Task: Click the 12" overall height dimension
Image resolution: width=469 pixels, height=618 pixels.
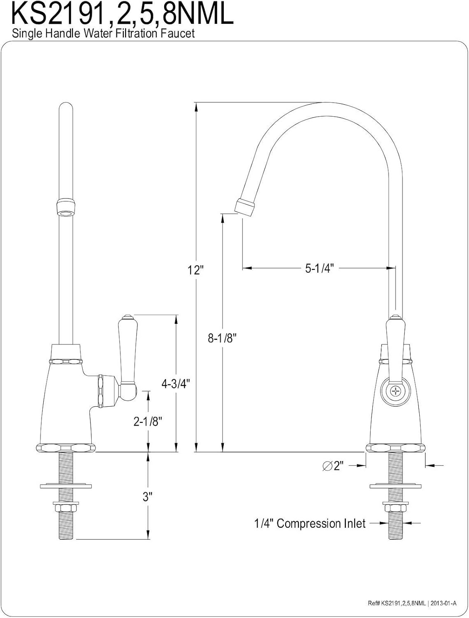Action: click(195, 270)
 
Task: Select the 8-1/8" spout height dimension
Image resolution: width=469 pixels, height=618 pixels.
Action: click(223, 338)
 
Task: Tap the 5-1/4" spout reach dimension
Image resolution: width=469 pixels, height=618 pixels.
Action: click(320, 268)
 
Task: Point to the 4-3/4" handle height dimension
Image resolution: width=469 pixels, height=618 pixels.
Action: click(176, 384)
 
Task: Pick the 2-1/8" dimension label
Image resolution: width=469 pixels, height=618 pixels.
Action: click(148, 429)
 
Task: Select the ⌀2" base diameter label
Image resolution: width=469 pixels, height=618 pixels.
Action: click(333, 466)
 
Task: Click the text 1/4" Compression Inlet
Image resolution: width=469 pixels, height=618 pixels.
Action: click(310, 524)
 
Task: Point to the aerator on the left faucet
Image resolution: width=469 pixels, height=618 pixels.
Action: click(66, 208)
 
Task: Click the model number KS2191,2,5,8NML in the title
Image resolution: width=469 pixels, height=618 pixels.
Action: click(123, 14)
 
